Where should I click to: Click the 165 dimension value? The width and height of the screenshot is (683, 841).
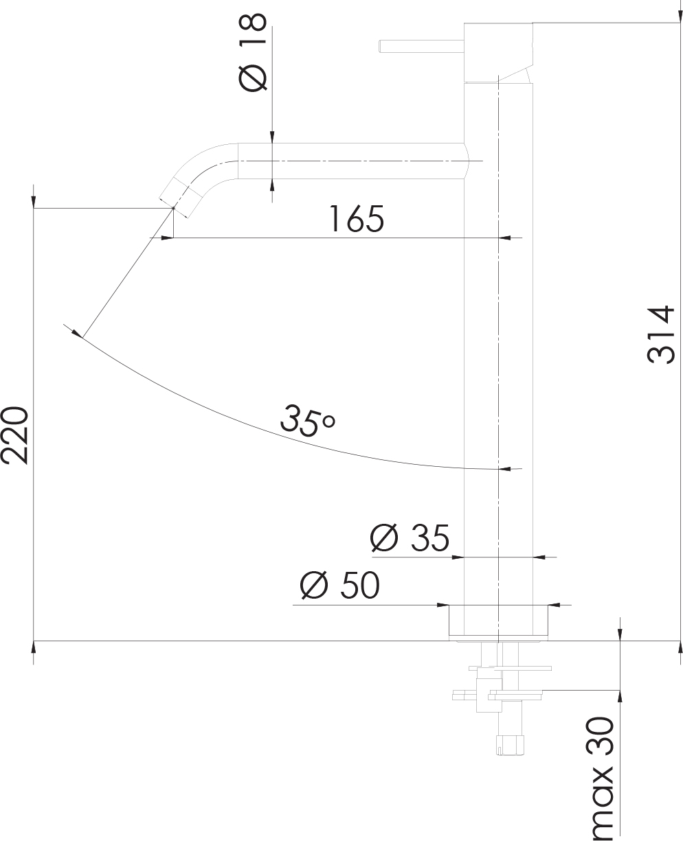[355, 219]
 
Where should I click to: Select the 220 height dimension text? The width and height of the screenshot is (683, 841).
[15, 435]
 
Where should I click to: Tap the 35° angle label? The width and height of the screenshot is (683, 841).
[306, 418]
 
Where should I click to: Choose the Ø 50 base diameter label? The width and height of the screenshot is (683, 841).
[339, 586]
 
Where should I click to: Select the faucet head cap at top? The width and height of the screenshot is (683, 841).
[499, 51]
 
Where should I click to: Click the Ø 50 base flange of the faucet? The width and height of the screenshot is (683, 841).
[499, 620]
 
